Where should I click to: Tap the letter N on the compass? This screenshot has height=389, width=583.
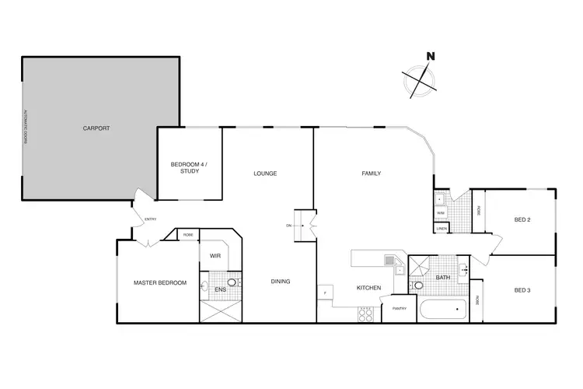(x=430, y=56)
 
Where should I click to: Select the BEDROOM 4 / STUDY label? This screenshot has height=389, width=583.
(x=190, y=166)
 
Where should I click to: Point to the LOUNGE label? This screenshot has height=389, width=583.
(x=265, y=173)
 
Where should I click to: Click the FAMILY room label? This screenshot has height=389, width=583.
(x=371, y=173)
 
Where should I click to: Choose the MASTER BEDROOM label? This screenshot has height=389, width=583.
(x=159, y=282)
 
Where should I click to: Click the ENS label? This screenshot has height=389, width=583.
(x=220, y=290)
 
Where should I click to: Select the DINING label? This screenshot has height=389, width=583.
(x=281, y=281)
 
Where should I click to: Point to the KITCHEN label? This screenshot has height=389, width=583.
(x=368, y=289)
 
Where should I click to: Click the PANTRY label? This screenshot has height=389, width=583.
(x=400, y=309)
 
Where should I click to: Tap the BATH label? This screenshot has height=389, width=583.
(x=443, y=277)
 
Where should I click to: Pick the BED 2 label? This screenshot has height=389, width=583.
(x=522, y=220)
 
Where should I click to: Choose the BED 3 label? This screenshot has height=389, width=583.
(x=522, y=290)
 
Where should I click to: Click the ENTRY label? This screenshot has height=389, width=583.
(x=150, y=219)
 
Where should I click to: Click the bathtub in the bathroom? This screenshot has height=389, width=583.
(x=442, y=310)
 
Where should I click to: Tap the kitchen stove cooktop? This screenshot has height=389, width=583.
(x=366, y=314)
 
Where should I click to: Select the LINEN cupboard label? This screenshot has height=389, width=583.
(x=441, y=228)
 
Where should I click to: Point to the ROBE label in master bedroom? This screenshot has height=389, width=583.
(x=188, y=234)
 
